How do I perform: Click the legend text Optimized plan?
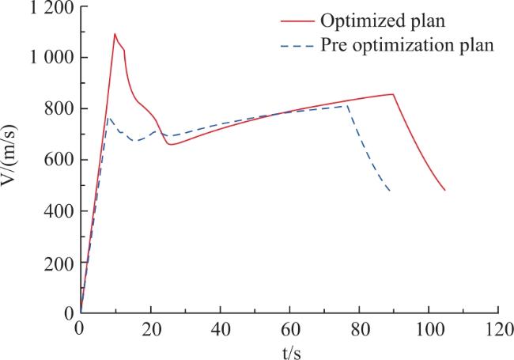point(383,21)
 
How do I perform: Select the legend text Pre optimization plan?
point(406,45)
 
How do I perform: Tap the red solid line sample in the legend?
point(297,21)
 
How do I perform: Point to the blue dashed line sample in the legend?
point(297,46)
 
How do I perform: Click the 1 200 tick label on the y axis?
point(51,7)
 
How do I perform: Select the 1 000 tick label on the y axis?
point(51,58)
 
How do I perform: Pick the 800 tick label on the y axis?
point(59,109)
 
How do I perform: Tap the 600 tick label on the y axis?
point(59,160)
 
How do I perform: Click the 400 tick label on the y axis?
point(59,211)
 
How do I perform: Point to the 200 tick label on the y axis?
point(59,263)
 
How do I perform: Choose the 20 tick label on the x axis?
point(151,329)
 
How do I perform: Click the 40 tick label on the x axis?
point(221,329)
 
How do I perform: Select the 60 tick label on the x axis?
point(290,329)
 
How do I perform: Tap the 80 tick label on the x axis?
point(360,329)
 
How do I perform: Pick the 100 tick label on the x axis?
point(429,329)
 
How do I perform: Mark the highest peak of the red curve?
point(115,33)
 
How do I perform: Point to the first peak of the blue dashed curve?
point(109,117)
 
